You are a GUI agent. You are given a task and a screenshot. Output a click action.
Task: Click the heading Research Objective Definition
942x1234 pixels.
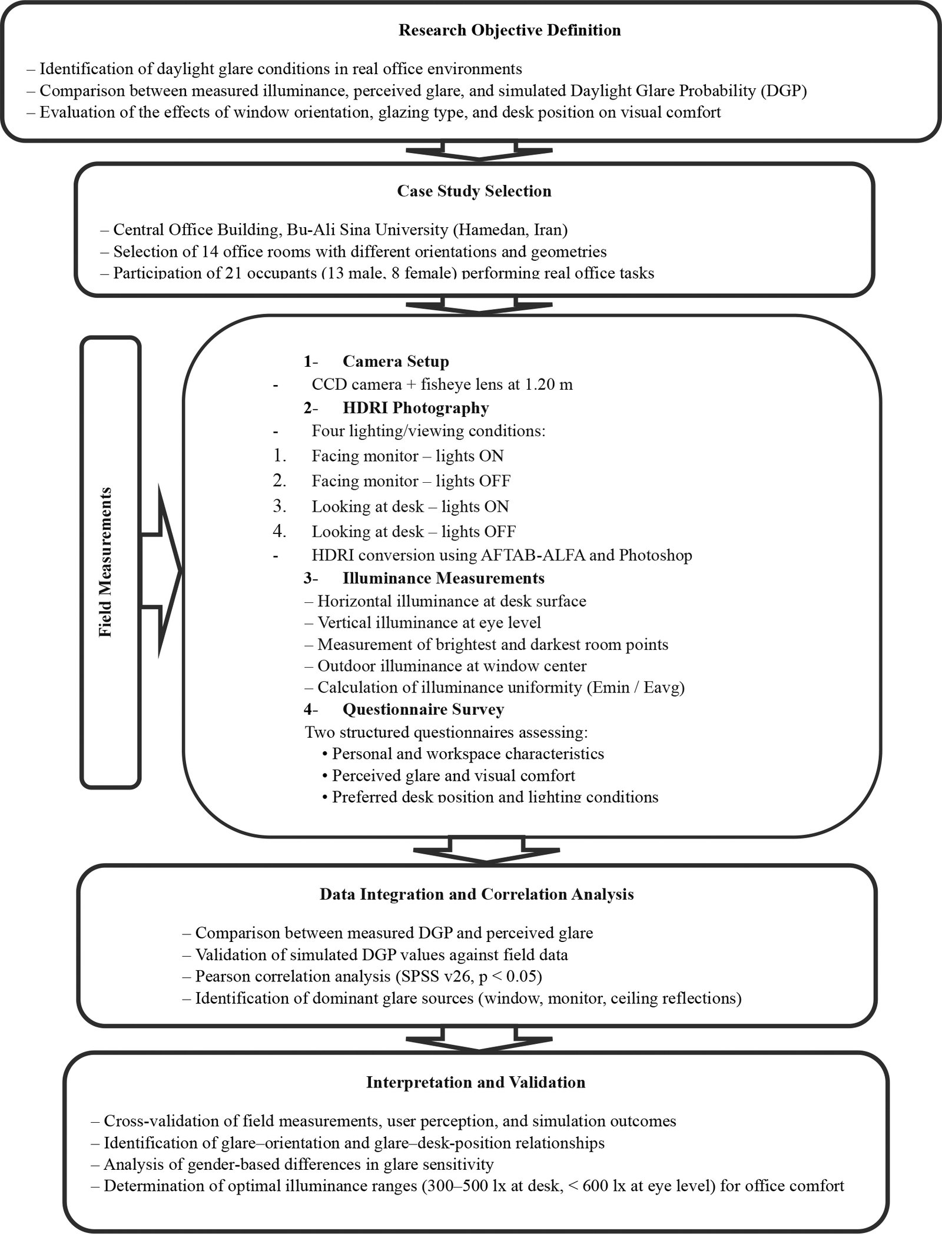point(509,31)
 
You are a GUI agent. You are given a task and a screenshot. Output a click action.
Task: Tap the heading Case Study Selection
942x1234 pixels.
point(474,191)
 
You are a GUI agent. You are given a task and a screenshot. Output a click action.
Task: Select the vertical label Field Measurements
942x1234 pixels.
point(107,562)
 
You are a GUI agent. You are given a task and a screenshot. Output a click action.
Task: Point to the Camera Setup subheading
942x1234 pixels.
point(395,361)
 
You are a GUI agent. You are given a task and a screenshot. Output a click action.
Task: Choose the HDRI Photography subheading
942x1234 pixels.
point(415,407)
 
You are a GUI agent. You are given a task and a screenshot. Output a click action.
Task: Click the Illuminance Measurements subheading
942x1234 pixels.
point(443,578)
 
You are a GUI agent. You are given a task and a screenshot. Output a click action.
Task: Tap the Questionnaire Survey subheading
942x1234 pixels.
point(423,709)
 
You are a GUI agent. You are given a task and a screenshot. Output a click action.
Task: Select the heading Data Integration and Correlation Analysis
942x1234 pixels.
point(476,894)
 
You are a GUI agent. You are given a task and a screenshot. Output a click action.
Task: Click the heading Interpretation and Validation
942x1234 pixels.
point(476,1082)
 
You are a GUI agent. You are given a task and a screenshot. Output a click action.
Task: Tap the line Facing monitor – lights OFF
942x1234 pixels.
point(410,481)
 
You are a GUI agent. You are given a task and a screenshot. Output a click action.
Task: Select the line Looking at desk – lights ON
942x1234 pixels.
point(410,506)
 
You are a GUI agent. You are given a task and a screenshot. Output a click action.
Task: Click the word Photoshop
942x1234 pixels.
point(658,555)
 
